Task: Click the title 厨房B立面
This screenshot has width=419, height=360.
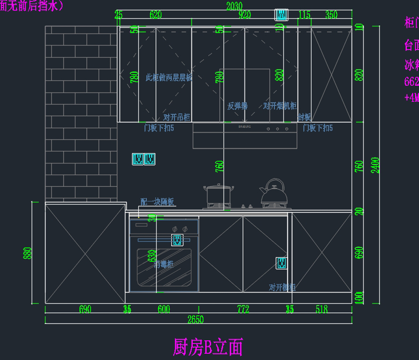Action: tap(208, 347)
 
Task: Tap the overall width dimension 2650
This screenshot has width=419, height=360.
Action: tap(196, 319)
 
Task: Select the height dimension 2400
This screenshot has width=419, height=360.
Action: tap(375, 165)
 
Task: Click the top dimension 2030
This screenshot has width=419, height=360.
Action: tap(234, 6)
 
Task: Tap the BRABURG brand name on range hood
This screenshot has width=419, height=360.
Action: tap(244, 127)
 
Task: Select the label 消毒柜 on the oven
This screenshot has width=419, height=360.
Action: tap(164, 264)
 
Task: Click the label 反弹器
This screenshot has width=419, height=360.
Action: tap(237, 106)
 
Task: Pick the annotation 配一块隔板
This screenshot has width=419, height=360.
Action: tap(157, 202)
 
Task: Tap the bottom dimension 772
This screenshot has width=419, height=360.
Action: tap(243, 309)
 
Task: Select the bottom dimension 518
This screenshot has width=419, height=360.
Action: tap(322, 309)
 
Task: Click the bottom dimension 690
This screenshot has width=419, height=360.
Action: tap(85, 309)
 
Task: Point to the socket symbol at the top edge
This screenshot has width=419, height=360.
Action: tap(282, 15)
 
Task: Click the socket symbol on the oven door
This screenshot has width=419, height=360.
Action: tap(177, 240)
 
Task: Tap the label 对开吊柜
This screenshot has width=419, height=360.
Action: tap(177, 117)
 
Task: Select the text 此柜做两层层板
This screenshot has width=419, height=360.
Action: tap(169, 77)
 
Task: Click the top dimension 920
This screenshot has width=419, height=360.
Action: tap(244, 15)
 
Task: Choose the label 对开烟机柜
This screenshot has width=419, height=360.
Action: tap(280, 106)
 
